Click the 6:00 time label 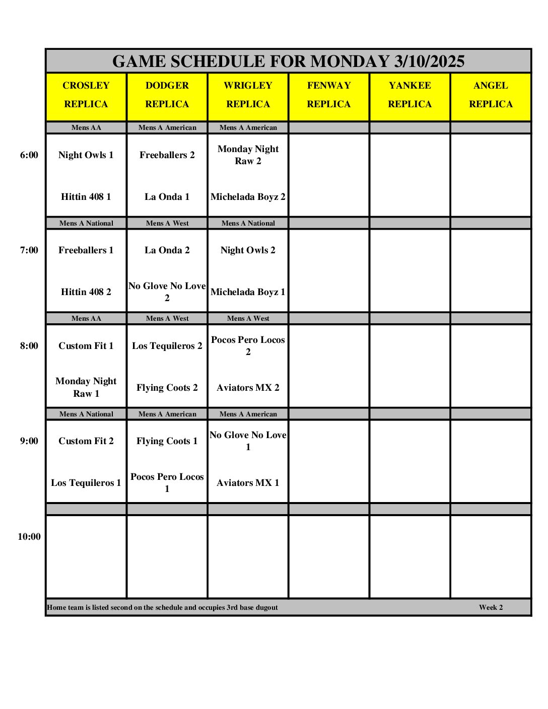pos(29,155)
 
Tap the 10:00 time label pos(29,537)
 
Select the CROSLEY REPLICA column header pos(86,95)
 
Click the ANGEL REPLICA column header pos(491,95)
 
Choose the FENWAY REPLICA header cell pos(329,95)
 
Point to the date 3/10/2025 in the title pos(429,61)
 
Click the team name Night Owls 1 pos(86,155)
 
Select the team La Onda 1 pos(167,197)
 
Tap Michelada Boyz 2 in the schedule pos(248,197)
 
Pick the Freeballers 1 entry pos(86,250)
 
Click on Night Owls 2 pos(248,250)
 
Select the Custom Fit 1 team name pos(86,346)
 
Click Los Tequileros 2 pos(167,346)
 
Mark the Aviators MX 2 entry pos(248,388)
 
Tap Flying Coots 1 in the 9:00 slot pos(167,441)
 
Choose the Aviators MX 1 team pos(248,483)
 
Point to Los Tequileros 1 pos(86,483)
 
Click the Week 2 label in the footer pos(491,607)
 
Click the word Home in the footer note pos(56,607)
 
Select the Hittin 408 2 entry pos(86,292)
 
